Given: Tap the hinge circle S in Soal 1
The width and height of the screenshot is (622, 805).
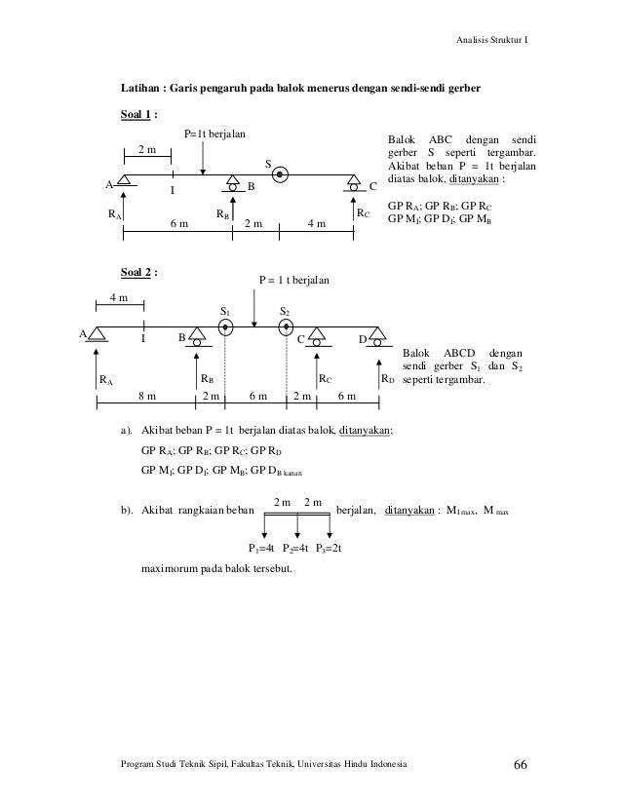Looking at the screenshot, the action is (x=280, y=176).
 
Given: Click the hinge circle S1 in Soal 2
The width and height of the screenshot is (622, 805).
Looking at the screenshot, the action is (x=225, y=327).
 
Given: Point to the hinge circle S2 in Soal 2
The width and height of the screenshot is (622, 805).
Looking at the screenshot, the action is (x=286, y=327).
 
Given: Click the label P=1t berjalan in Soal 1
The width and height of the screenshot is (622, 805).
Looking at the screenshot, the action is (x=214, y=133).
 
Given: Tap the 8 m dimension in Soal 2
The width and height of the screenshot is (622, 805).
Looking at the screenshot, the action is (x=146, y=398).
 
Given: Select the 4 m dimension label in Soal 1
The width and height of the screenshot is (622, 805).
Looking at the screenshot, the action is (x=317, y=223).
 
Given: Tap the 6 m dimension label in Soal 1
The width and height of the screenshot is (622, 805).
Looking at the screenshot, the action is (x=179, y=223).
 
